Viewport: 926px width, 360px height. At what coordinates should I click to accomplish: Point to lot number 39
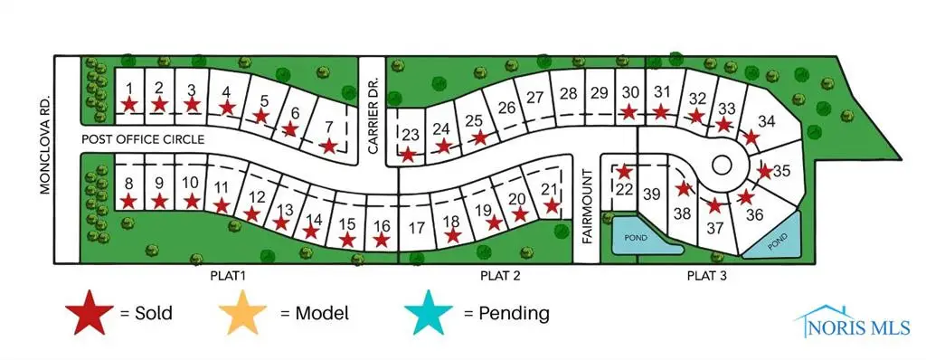652,193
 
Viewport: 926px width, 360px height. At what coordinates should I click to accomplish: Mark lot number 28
568,93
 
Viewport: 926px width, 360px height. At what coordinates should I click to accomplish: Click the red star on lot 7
330,146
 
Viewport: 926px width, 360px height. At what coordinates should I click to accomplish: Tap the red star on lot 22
623,170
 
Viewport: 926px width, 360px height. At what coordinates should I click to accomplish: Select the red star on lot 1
130,104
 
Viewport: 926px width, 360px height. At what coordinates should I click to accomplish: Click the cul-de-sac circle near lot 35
722,165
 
